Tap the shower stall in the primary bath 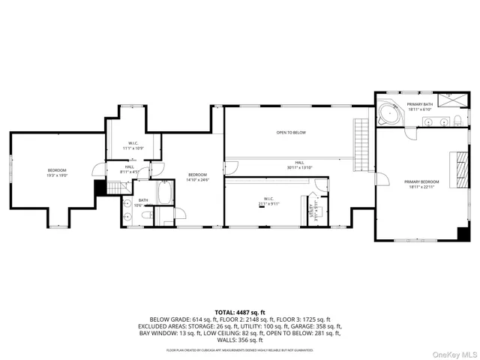[x=451, y=100]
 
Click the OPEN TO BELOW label [x=291, y=133]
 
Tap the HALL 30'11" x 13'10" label [x=299, y=165]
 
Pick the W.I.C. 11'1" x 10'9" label [x=133, y=145]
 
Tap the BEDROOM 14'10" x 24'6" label [x=197, y=177]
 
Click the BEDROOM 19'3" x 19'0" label [x=58, y=172]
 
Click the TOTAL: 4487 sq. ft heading [x=239, y=312]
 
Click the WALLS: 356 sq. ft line [x=239, y=340]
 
